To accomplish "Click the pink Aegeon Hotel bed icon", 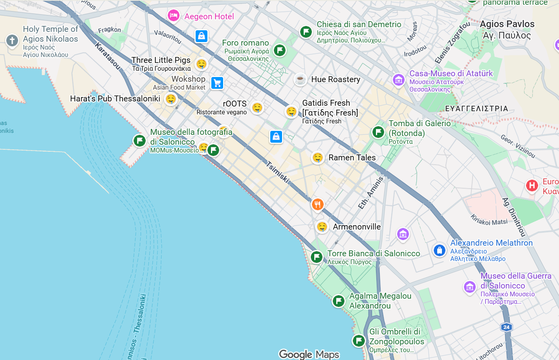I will pos(173,16).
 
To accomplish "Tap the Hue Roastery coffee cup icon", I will pos(301,79).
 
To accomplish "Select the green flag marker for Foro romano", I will pos(280,50).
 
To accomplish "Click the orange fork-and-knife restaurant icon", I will pos(317,204).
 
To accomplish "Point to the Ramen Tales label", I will pos(352,158).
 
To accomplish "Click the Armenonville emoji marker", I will pos(322,227).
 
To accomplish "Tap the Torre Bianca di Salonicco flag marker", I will pos(317,257).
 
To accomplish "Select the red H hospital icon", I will pos(532,186).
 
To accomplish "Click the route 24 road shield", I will pos(506,327).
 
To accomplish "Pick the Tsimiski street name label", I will pos(278,172).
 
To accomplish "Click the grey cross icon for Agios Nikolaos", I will pos(12,40).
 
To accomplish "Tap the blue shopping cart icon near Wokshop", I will pos(217,83).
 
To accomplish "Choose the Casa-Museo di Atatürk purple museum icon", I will pos(399,80).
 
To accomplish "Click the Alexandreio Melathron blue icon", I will pos(439,250).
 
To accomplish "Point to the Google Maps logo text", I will pos(309,354).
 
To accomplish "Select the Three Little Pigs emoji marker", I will pos(202,64).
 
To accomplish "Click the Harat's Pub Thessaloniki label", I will pos(115,99).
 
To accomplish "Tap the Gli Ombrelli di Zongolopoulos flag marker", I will pos(359,340).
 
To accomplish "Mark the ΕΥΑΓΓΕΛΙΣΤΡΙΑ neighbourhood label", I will pos(477,108).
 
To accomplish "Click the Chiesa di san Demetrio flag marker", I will pos(306,32).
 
